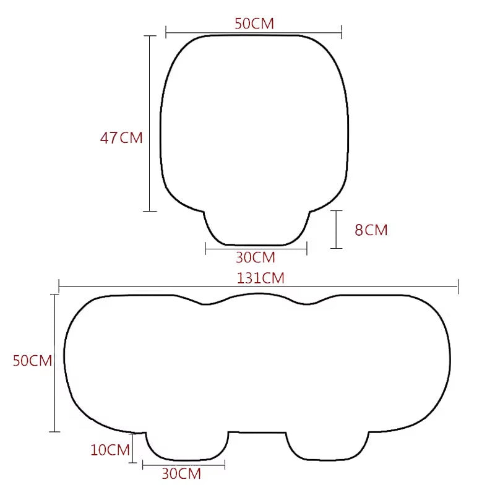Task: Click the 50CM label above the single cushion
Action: click(x=254, y=24)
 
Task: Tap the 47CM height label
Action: click(x=121, y=138)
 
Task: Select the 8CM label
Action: click(x=371, y=230)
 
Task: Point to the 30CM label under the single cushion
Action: click(x=255, y=257)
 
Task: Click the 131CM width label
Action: click(x=260, y=278)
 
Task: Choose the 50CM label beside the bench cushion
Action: click(x=32, y=361)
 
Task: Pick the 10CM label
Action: click(x=110, y=450)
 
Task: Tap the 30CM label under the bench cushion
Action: click(x=181, y=475)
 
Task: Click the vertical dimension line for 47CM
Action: click(x=150, y=124)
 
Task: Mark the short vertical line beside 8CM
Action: click(x=336, y=230)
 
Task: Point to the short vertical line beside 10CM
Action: click(x=132, y=450)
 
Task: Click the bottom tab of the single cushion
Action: click(x=256, y=229)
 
